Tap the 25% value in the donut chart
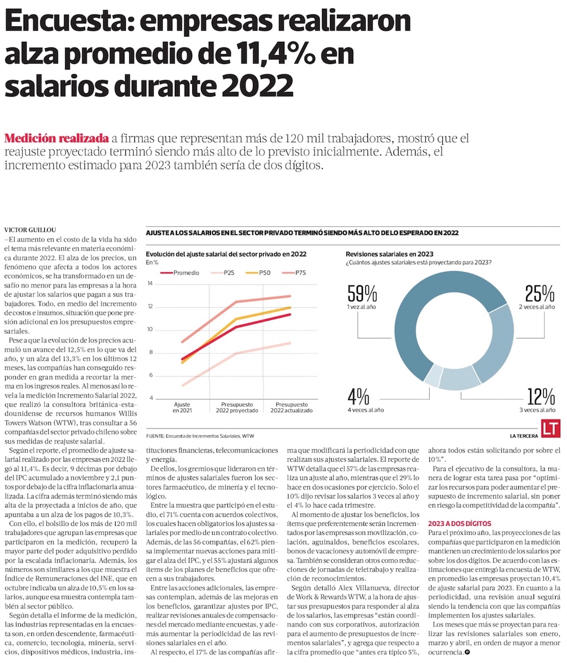pos(539,293)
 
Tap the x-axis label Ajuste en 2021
pos(182,408)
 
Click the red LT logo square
pos(551,428)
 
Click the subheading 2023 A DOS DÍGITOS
pos(460,523)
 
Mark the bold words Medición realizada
pos(56,138)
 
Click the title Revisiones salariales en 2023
pos(389,254)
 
